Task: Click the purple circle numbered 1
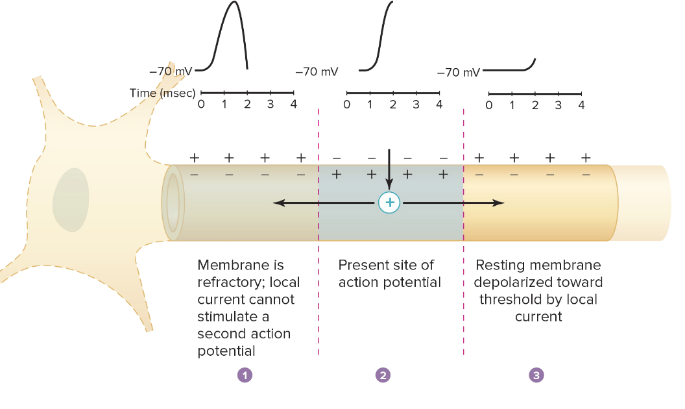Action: (245, 375)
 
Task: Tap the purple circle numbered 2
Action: (383, 375)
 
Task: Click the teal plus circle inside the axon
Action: (390, 203)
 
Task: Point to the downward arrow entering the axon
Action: (389, 169)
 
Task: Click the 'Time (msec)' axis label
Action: (162, 93)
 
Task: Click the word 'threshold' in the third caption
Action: (503, 299)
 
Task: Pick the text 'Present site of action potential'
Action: (389, 273)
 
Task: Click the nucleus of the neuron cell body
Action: (71, 200)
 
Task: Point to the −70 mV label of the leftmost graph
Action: (171, 70)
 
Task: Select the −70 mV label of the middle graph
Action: (317, 71)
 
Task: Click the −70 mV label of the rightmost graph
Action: (459, 72)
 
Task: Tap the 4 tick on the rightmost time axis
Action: (581, 105)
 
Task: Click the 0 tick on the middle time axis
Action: (347, 105)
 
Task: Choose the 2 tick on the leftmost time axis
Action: (247, 104)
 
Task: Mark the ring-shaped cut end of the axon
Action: (173, 203)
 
